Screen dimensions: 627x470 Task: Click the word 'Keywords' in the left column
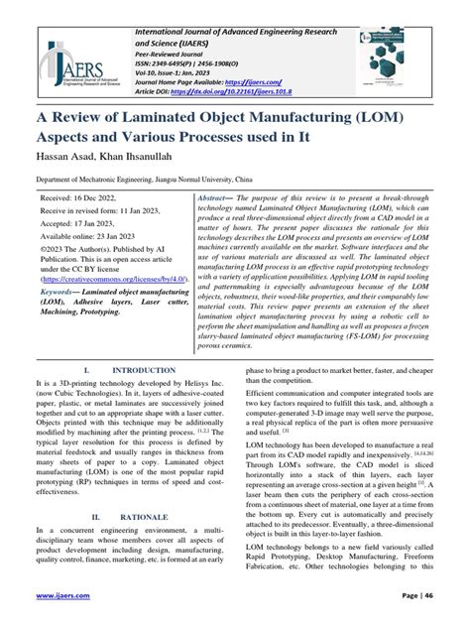click(x=64, y=294)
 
